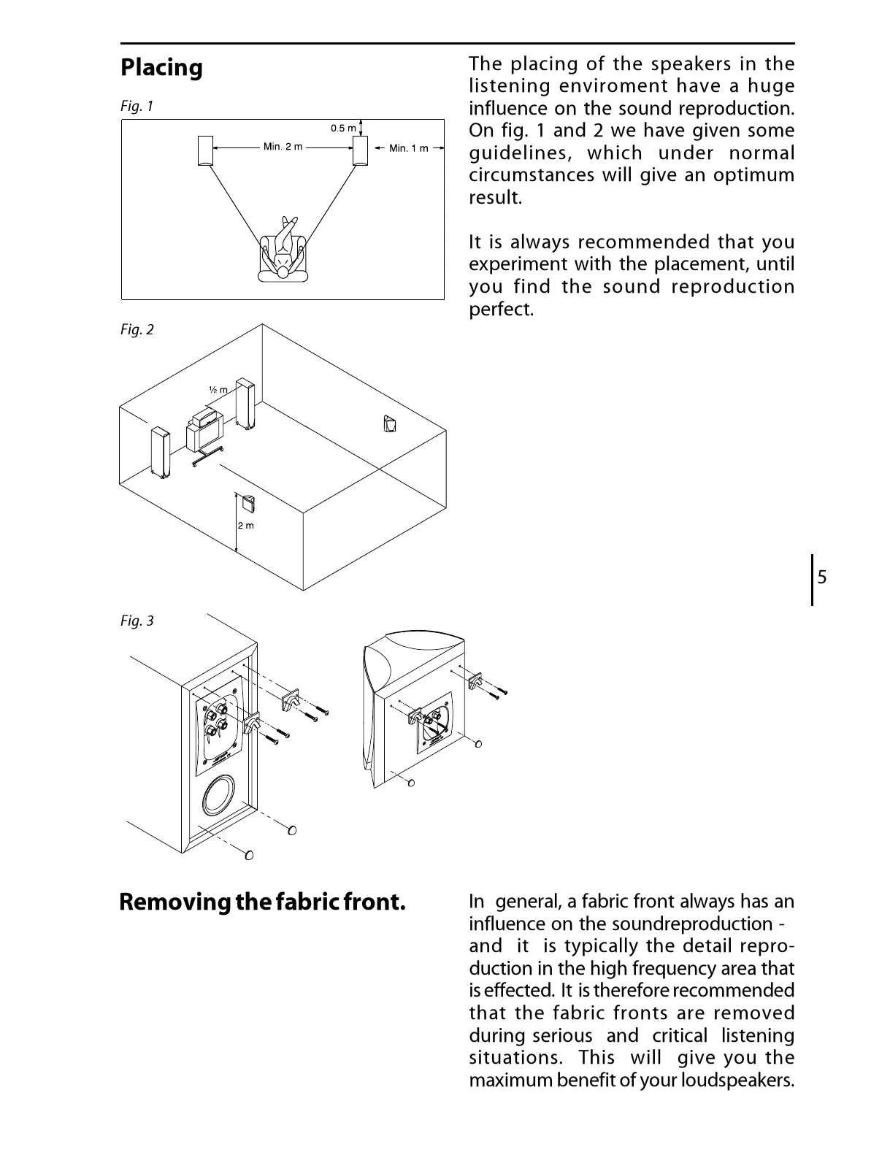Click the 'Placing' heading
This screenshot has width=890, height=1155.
pyautogui.click(x=161, y=68)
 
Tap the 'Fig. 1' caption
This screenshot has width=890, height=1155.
pyautogui.click(x=137, y=107)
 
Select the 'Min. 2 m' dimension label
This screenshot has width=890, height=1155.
pyautogui.click(x=283, y=147)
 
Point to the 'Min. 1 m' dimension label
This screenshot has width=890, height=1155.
pyautogui.click(x=408, y=148)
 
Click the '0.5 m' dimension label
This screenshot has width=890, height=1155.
pyautogui.click(x=342, y=128)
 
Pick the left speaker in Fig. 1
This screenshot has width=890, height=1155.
pyautogui.click(x=205, y=150)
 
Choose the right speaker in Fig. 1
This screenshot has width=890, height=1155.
pyautogui.click(x=361, y=150)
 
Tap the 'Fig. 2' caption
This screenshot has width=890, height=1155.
pyautogui.click(x=137, y=330)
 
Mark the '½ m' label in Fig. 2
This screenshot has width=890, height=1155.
pyautogui.click(x=218, y=390)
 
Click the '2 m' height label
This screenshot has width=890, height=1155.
pyautogui.click(x=246, y=526)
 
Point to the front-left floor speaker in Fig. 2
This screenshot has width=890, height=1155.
pyautogui.click(x=160, y=453)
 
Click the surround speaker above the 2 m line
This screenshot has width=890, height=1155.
pyautogui.click(x=248, y=504)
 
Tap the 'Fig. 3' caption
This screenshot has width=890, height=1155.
pyautogui.click(x=137, y=621)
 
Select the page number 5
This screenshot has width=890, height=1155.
pyautogui.click(x=822, y=578)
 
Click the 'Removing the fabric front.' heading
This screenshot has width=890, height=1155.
pyautogui.click(x=262, y=902)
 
